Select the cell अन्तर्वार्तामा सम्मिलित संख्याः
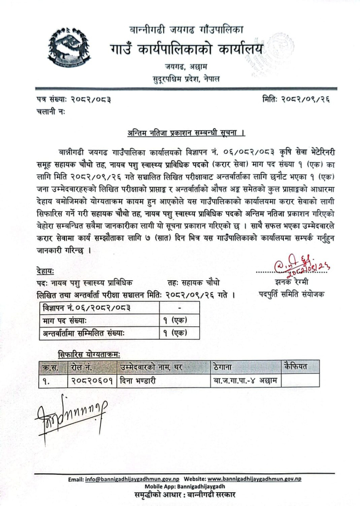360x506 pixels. point(89,333)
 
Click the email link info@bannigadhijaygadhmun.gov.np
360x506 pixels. point(131,479)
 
